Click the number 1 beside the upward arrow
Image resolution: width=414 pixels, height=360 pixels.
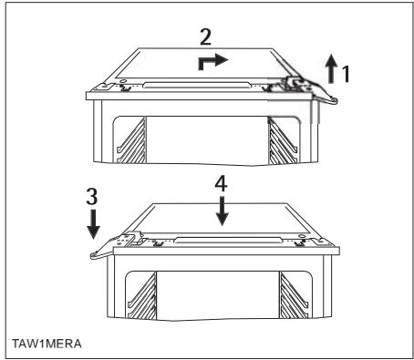tap(346, 74)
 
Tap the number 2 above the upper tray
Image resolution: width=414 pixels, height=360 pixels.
tap(205, 36)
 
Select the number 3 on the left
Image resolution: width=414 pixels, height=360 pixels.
tap(92, 196)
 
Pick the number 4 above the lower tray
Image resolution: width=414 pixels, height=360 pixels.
tap(221, 184)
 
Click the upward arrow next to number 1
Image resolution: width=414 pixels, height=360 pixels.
tap(331, 68)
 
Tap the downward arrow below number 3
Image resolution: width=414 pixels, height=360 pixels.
tap(93, 223)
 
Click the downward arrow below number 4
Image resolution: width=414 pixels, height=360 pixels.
tap(223, 211)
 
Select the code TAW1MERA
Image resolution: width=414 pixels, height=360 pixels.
tap(47, 344)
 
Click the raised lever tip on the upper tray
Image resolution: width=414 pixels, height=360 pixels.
tap(334, 100)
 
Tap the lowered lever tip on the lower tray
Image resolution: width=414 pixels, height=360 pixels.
tap(94, 255)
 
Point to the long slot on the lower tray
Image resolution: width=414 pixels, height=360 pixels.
tap(230, 241)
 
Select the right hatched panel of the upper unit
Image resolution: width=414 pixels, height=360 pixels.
tap(281, 141)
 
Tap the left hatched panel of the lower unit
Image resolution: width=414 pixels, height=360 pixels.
tap(143, 296)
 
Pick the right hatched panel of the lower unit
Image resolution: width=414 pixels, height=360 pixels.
tap(293, 295)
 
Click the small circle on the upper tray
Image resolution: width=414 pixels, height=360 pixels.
tap(123, 81)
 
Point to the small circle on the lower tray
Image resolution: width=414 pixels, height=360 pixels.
tap(302, 236)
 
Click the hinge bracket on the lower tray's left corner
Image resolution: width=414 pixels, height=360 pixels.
tap(129, 239)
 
